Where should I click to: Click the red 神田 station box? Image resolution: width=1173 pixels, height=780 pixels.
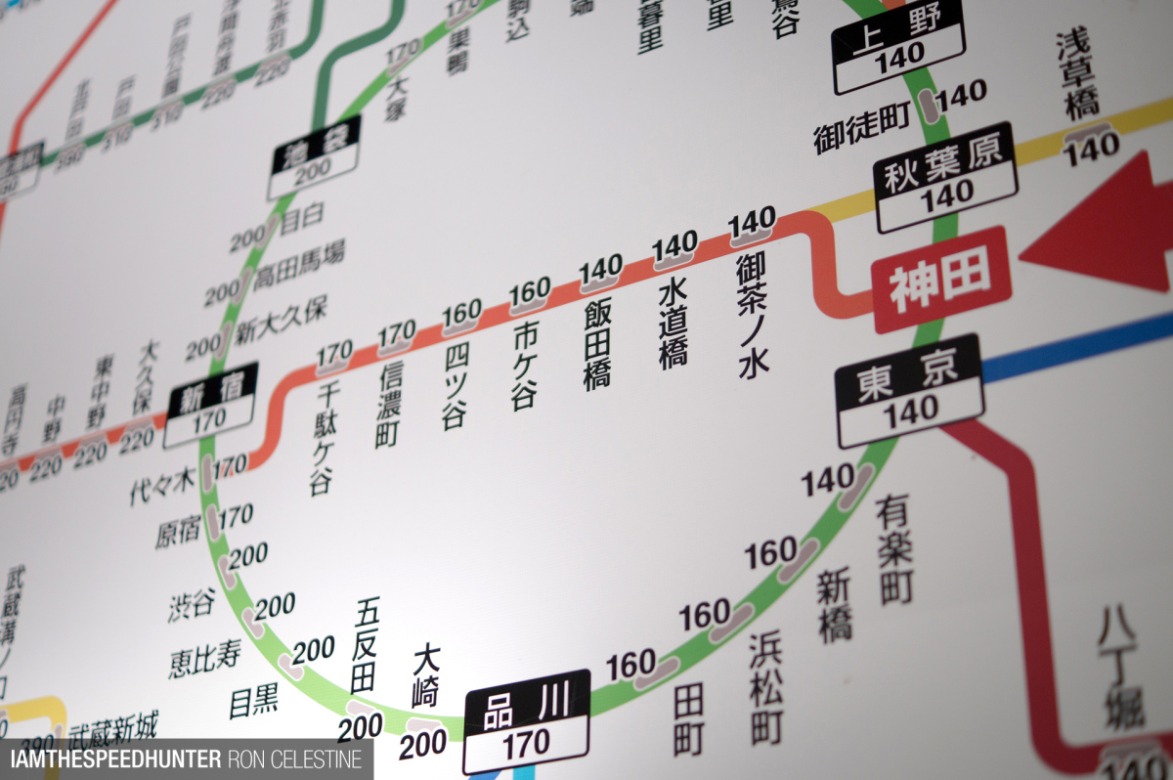[939, 280]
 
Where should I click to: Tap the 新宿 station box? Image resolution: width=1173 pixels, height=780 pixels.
[211, 405]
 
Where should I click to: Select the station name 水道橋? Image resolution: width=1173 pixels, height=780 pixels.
[673, 325]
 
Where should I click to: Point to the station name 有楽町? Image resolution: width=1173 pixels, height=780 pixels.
[894, 548]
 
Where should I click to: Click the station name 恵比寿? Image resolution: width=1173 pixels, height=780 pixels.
[204, 660]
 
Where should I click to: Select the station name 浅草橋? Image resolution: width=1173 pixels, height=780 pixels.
[1077, 76]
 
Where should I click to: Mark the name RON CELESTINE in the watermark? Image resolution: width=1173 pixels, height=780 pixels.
[295, 758]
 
